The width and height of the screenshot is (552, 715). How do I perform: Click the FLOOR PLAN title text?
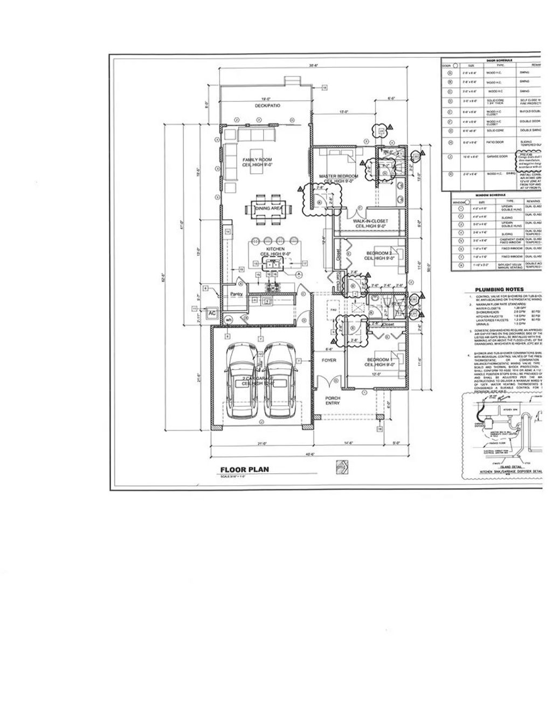tap(244, 469)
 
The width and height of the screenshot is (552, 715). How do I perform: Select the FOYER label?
tap(329, 360)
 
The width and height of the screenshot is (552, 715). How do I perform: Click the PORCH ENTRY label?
tap(332, 401)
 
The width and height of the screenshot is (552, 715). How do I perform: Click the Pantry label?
tap(236, 294)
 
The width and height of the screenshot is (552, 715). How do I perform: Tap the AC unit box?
tap(212, 312)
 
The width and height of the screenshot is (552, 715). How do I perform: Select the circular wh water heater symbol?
tap(228, 319)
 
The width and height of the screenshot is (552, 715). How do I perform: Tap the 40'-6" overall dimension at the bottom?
tap(310, 454)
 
